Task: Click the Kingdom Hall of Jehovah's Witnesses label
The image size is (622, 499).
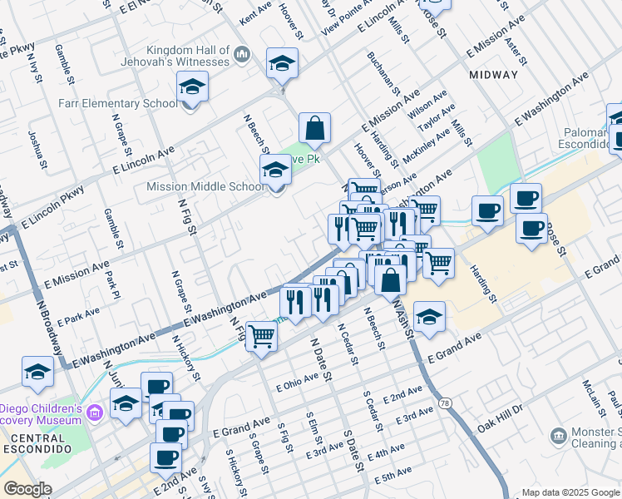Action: tap(186, 56)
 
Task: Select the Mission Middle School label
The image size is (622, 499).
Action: tap(205, 187)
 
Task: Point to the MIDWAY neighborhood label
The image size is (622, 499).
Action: tap(493, 75)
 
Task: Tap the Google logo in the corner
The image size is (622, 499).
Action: tap(27, 489)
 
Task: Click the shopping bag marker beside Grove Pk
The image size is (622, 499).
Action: tap(315, 129)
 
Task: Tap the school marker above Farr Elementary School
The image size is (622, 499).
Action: tap(192, 86)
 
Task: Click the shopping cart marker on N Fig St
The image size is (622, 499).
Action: tap(261, 337)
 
